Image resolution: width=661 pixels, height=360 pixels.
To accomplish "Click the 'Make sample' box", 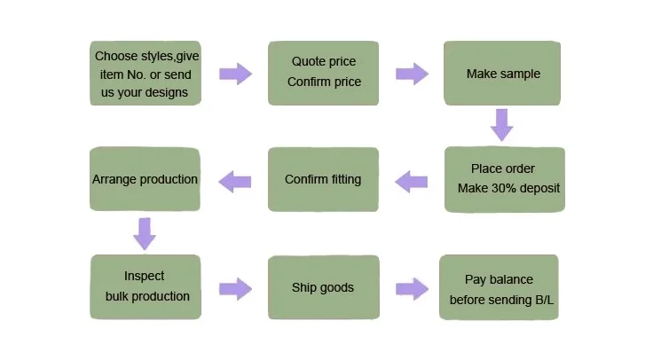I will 503,74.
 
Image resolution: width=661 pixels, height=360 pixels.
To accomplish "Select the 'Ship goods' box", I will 323,287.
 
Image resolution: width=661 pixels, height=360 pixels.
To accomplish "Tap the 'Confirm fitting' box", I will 323,179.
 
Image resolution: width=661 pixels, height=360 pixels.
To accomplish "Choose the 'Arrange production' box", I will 145,179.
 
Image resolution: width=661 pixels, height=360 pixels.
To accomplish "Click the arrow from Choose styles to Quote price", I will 234,73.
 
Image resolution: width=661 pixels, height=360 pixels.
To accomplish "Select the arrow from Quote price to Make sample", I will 412,73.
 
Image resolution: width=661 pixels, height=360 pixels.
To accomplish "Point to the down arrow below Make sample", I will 502,125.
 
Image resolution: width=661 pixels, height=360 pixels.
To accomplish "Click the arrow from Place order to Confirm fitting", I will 411,182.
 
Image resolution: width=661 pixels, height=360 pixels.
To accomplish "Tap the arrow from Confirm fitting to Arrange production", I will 235,181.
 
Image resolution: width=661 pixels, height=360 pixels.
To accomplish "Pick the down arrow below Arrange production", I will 145,233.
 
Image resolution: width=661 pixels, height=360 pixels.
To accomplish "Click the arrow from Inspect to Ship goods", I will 234,287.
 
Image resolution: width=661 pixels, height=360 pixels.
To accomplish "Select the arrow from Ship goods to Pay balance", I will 412,287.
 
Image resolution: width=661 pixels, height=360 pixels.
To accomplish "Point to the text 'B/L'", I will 543,300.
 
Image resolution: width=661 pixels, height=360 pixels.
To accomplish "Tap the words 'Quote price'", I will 323,62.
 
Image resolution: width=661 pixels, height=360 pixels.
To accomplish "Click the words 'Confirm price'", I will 324,82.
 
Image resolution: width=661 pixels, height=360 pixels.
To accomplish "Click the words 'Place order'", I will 503,168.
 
